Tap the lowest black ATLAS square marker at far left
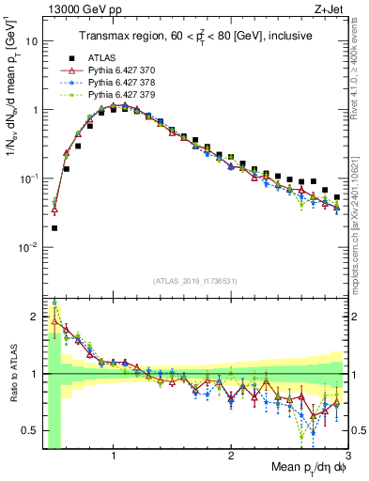(54, 227)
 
